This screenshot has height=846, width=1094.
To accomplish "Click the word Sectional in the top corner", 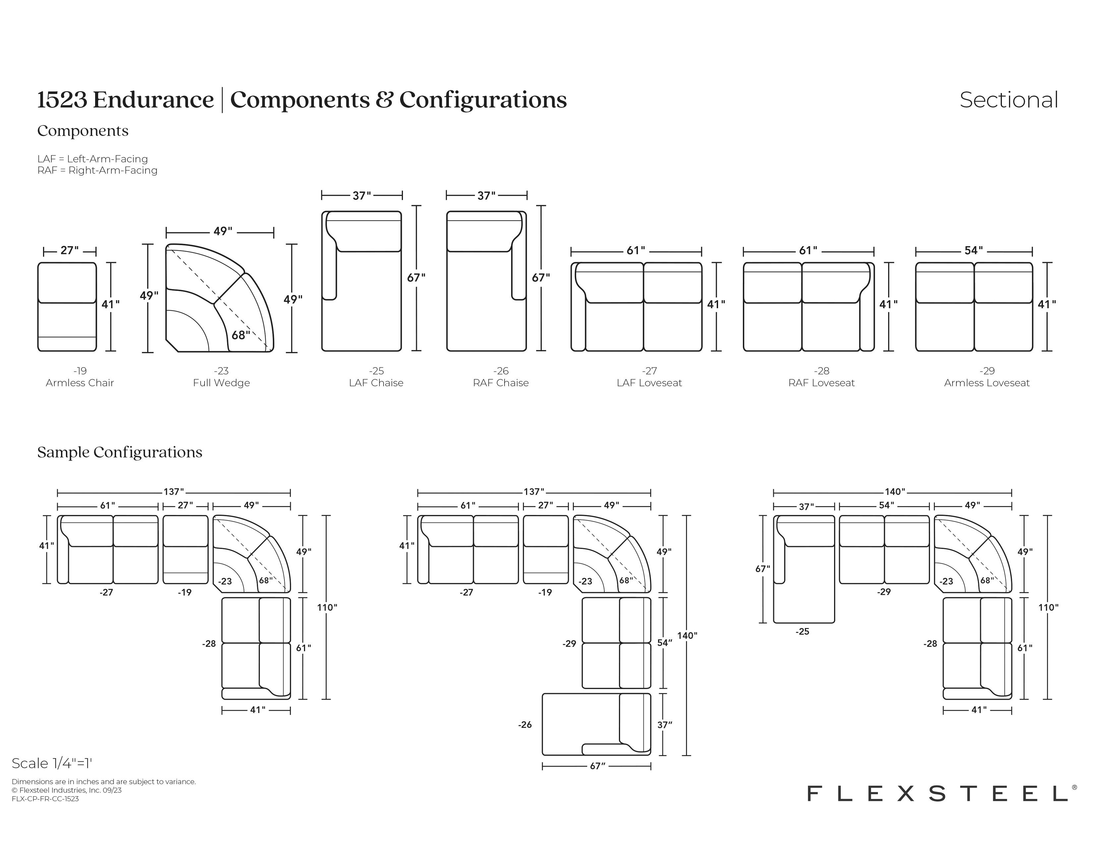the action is click(1008, 100).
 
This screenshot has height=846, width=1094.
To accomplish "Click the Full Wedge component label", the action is click(221, 383).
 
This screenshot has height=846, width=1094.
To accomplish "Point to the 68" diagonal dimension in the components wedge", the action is click(240, 335).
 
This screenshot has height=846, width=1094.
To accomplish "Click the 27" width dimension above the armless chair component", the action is click(70, 250).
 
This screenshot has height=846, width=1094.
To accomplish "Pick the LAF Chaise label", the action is click(376, 383).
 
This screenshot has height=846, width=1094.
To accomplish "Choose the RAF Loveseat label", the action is click(821, 383).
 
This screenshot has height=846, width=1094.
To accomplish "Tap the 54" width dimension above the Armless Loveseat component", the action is click(974, 250).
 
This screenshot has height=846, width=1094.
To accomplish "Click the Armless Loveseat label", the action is click(987, 383).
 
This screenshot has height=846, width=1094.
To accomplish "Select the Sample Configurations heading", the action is click(120, 452).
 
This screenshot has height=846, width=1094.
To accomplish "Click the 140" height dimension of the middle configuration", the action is click(687, 636).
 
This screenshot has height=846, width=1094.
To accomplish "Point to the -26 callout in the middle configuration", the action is click(525, 725).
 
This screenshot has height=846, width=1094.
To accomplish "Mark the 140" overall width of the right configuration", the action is click(895, 492).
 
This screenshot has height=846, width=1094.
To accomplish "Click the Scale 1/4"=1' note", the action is click(52, 763).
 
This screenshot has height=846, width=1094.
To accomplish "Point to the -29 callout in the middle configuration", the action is click(570, 644).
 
